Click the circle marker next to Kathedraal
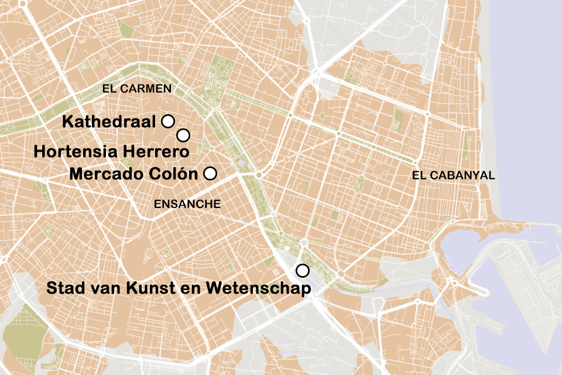click(x=168, y=121)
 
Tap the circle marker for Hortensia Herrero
click(x=183, y=135)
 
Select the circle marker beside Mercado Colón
click(x=210, y=173)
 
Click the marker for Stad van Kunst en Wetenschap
click(x=303, y=270)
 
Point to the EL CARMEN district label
click(x=136, y=89)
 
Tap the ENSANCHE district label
click(x=187, y=204)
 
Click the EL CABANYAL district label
click(x=453, y=175)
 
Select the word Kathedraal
click(x=109, y=122)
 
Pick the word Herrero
click(x=156, y=151)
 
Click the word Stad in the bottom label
click(x=63, y=288)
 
